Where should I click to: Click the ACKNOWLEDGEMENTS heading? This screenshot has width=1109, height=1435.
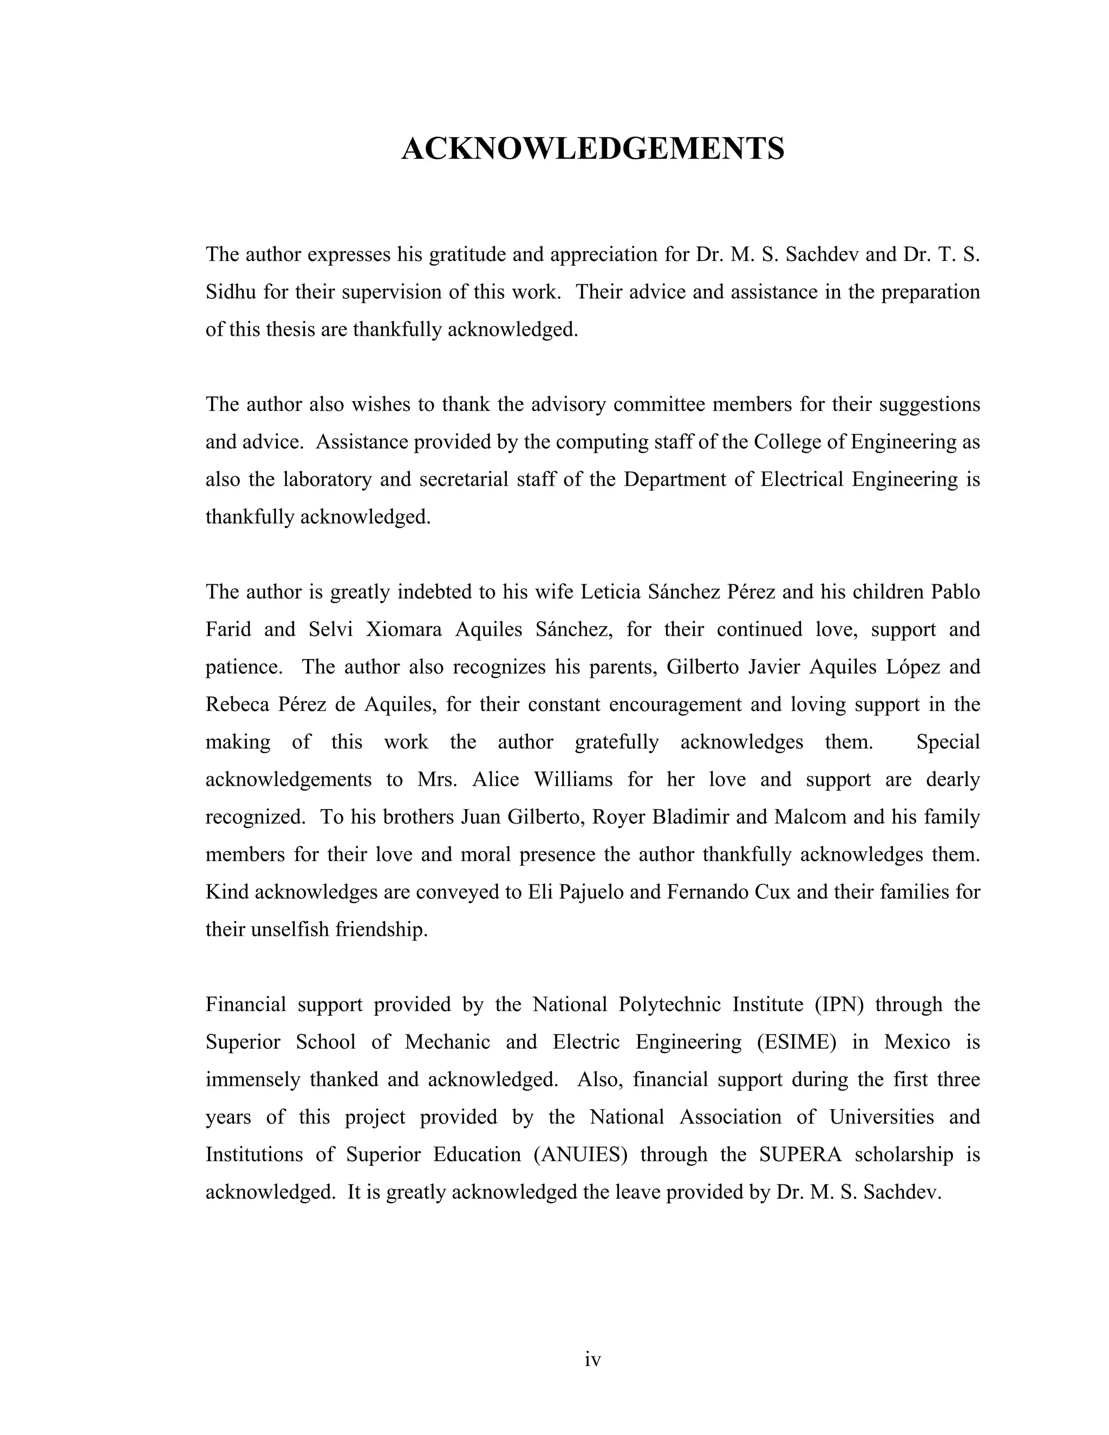pos(592,148)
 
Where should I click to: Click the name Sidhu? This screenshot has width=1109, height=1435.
pos(231,292)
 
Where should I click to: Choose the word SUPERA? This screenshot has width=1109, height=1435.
pos(800,1154)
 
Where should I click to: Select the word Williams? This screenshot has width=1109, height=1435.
pos(573,779)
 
